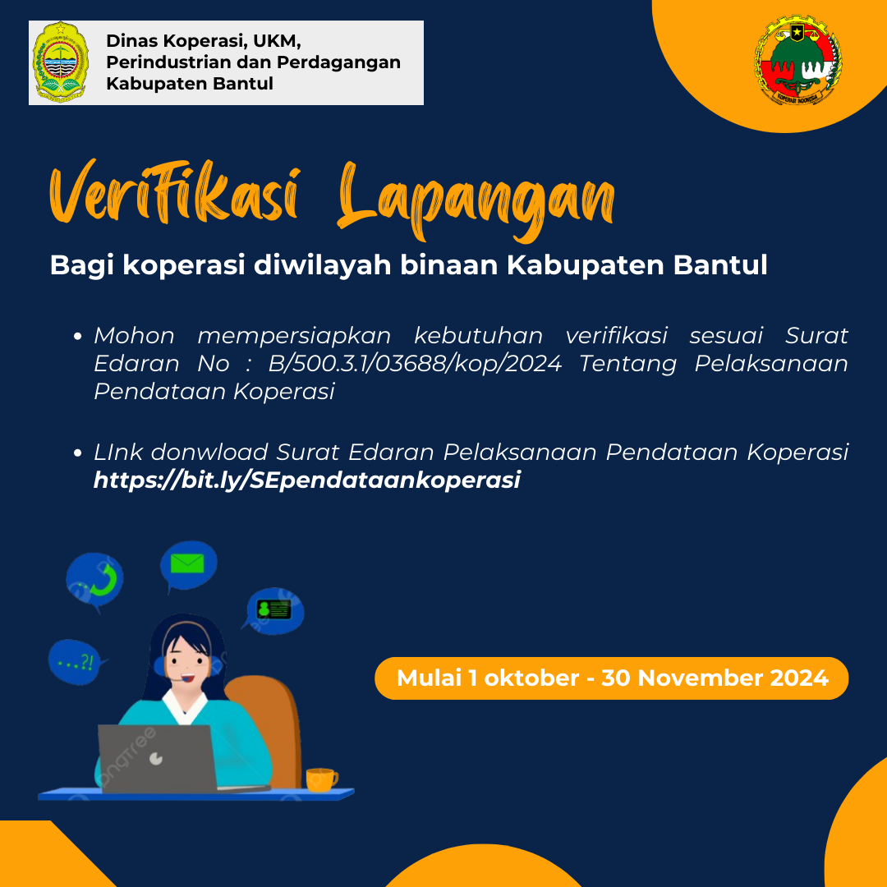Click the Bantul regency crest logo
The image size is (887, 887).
pyautogui.click(x=61, y=62)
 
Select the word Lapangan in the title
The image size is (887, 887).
pyautogui.click(x=476, y=201)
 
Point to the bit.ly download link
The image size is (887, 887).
pyautogui.click(x=306, y=480)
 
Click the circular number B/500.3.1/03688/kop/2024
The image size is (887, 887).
pyautogui.click(x=415, y=363)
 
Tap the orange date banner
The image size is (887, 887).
pyautogui.click(x=612, y=678)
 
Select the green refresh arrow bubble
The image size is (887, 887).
pyautogui.click(x=95, y=581)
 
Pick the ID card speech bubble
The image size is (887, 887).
pyautogui.click(x=275, y=610)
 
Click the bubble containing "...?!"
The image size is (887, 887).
pyautogui.click(x=76, y=662)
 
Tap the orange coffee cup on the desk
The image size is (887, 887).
pyautogui.click(x=321, y=779)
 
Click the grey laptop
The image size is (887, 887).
pyautogui.click(x=157, y=758)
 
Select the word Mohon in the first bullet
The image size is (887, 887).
pyautogui.click(x=134, y=335)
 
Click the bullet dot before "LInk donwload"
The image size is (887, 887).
pyautogui.click(x=78, y=453)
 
